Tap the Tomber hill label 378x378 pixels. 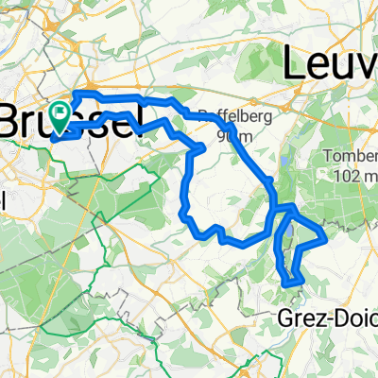[350, 156]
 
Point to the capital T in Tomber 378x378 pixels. [327, 156]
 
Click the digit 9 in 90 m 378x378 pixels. [222, 136]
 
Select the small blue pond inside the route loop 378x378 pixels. [288, 227]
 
